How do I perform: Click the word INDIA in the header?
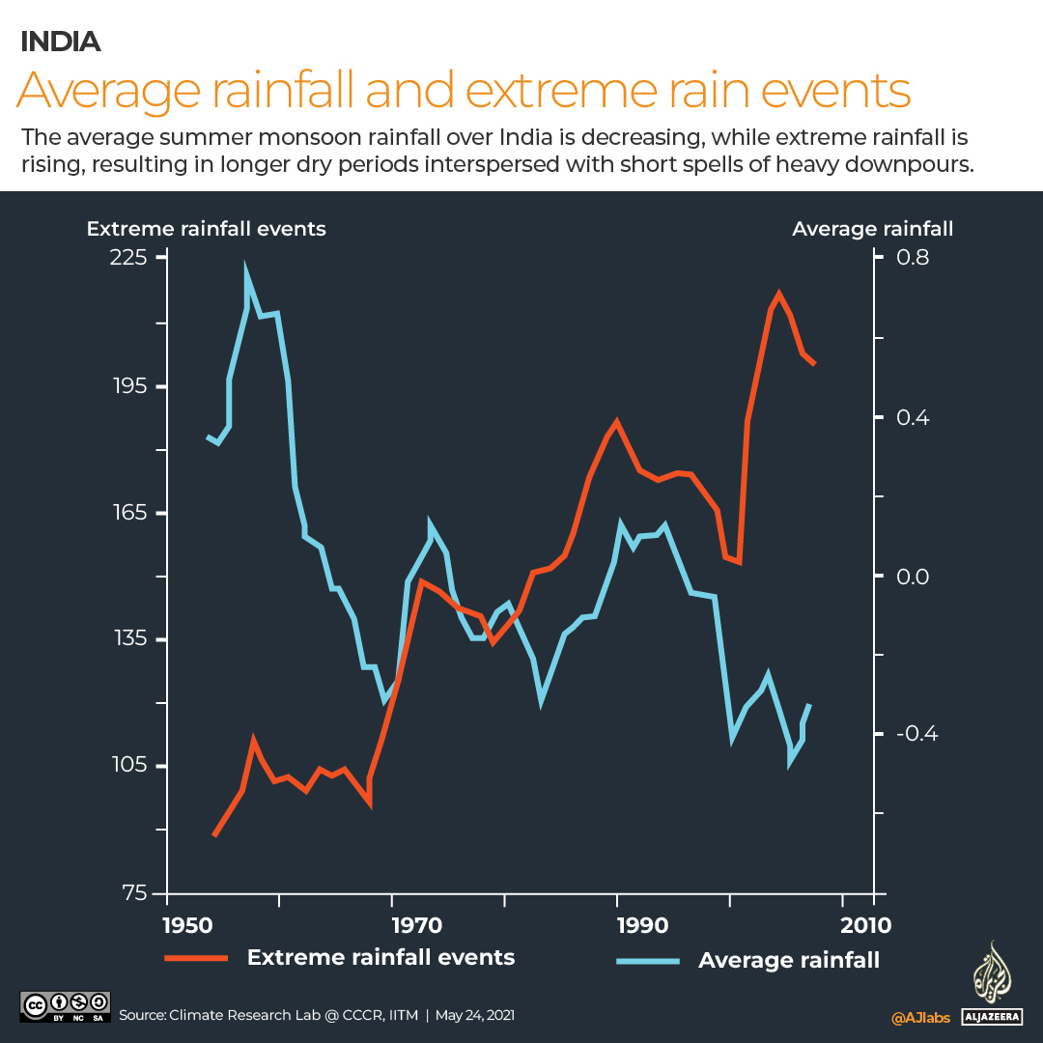[x=60, y=42]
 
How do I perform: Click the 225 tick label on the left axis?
[x=131, y=258]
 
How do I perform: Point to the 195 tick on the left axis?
[x=131, y=386]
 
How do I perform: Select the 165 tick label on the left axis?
[x=131, y=513]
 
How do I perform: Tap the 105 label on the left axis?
[x=131, y=766]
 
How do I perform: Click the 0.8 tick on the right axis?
[x=912, y=258]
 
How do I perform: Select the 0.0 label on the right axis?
[x=912, y=577]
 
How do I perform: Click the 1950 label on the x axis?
[x=189, y=924]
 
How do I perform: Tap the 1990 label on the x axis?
[x=641, y=924]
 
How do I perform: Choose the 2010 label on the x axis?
[x=867, y=924]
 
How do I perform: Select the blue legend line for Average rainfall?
[x=647, y=961]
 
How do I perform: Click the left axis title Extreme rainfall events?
[x=206, y=229]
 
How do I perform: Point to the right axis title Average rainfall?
[x=872, y=229]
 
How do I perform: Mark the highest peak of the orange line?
[x=778, y=293]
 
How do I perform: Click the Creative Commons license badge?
[x=66, y=1005]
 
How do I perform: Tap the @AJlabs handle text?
[x=919, y=1017]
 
